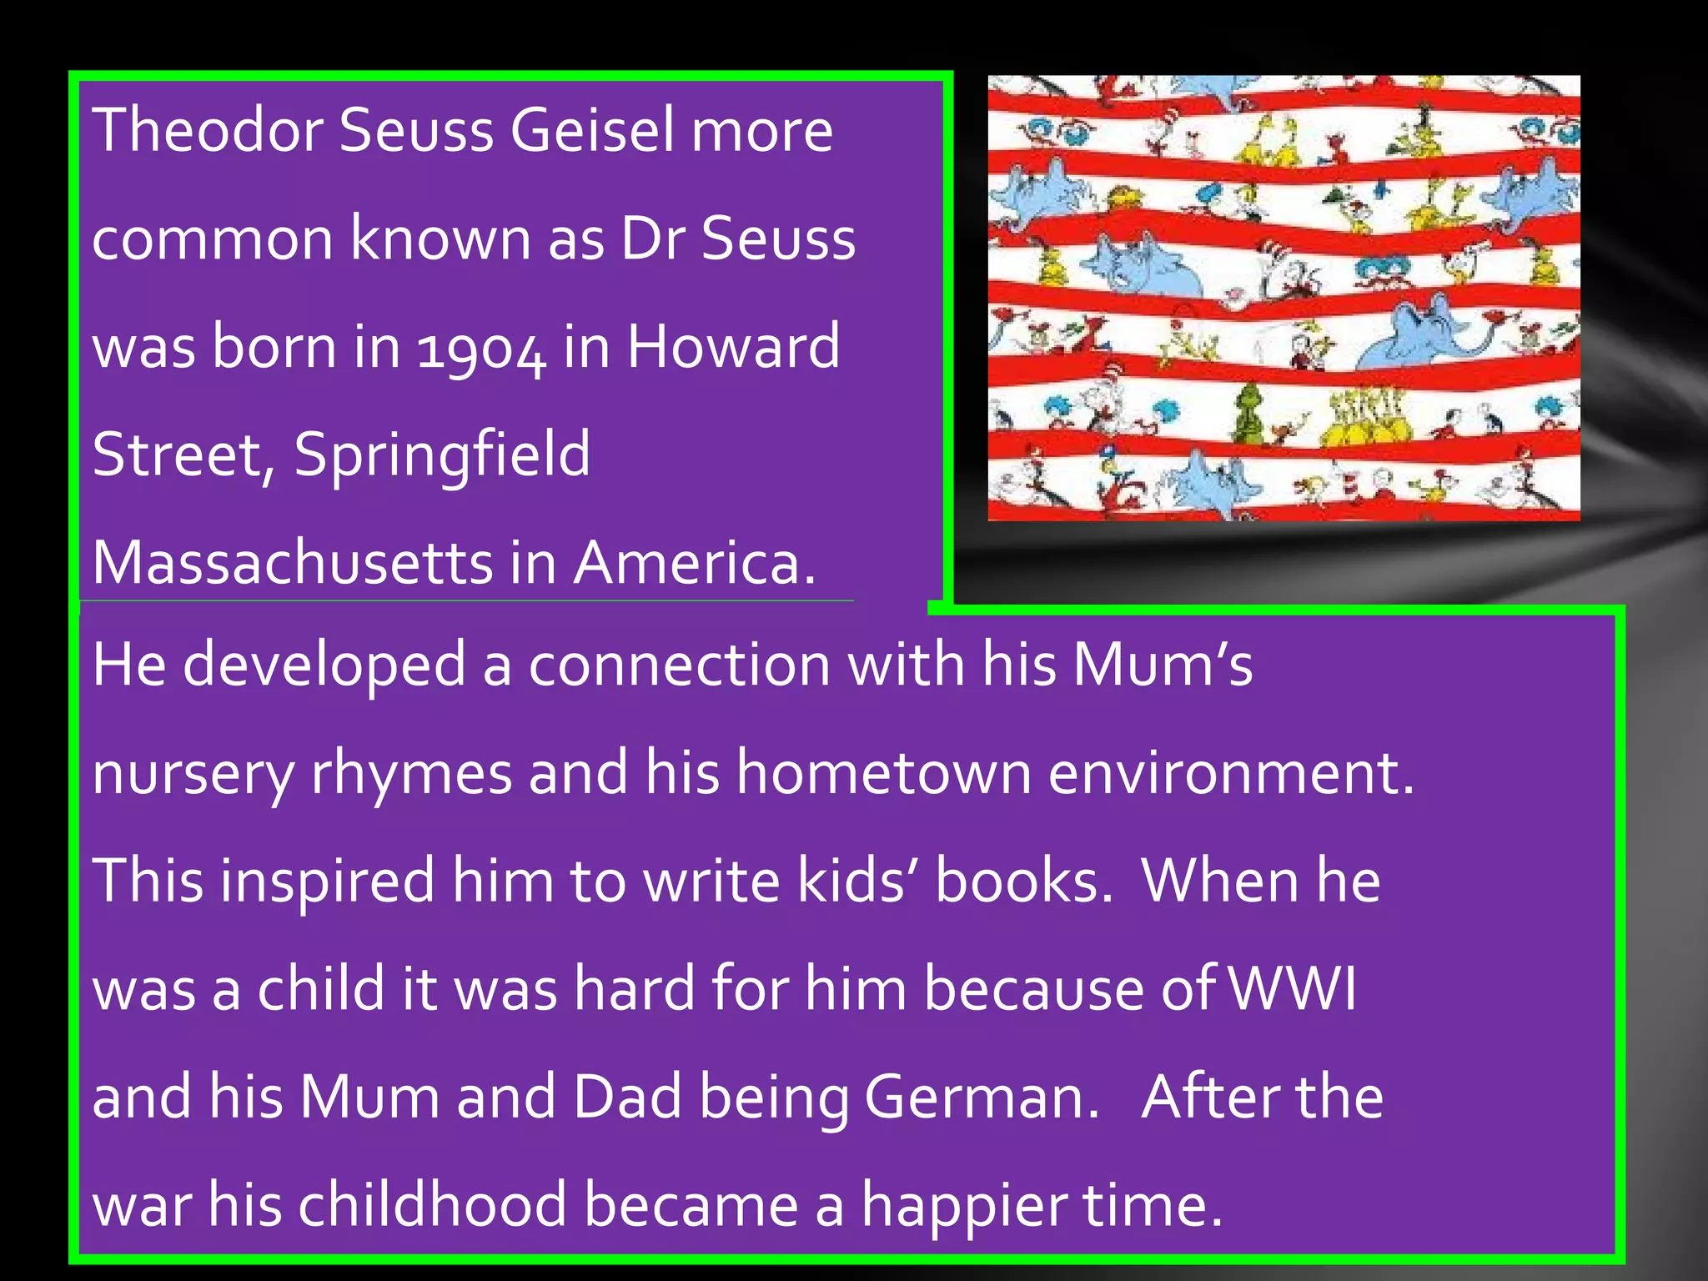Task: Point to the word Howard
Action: (733, 346)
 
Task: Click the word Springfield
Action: (442, 455)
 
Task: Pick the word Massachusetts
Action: (293, 562)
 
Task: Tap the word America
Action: (694, 562)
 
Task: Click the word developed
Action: (324, 666)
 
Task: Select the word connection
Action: (679, 666)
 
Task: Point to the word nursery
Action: (193, 774)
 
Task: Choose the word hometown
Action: (884, 772)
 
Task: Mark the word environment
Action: (1230, 772)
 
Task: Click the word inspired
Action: (327, 882)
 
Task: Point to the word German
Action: (981, 1098)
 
